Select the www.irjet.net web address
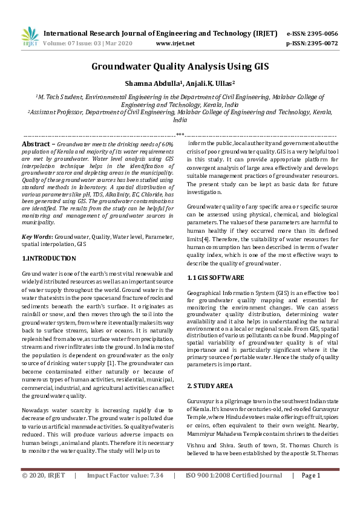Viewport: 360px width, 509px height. click(x=175, y=44)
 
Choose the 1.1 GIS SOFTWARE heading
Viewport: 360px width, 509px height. click(x=215, y=277)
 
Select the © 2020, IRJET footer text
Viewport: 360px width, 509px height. click(x=44, y=493)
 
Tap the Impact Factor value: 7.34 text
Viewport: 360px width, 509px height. click(x=125, y=493)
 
